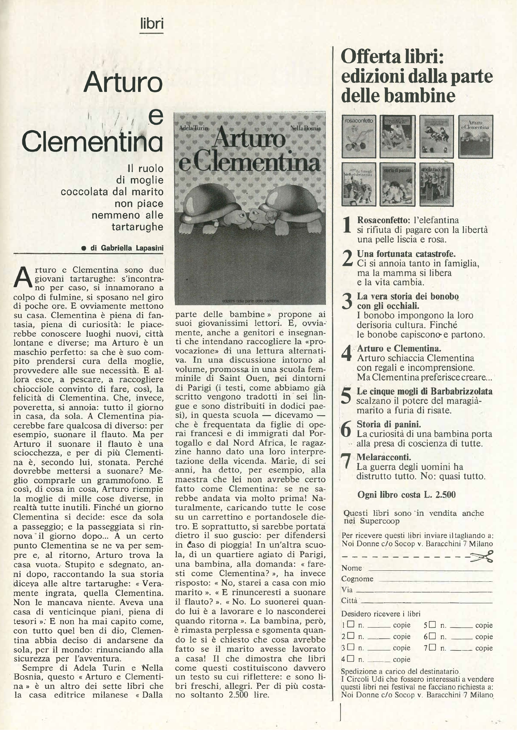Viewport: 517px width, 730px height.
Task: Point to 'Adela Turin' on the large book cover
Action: tap(194, 128)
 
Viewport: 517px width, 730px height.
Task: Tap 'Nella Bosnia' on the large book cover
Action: tap(305, 128)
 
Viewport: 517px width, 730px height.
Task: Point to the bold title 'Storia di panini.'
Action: tap(389, 424)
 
